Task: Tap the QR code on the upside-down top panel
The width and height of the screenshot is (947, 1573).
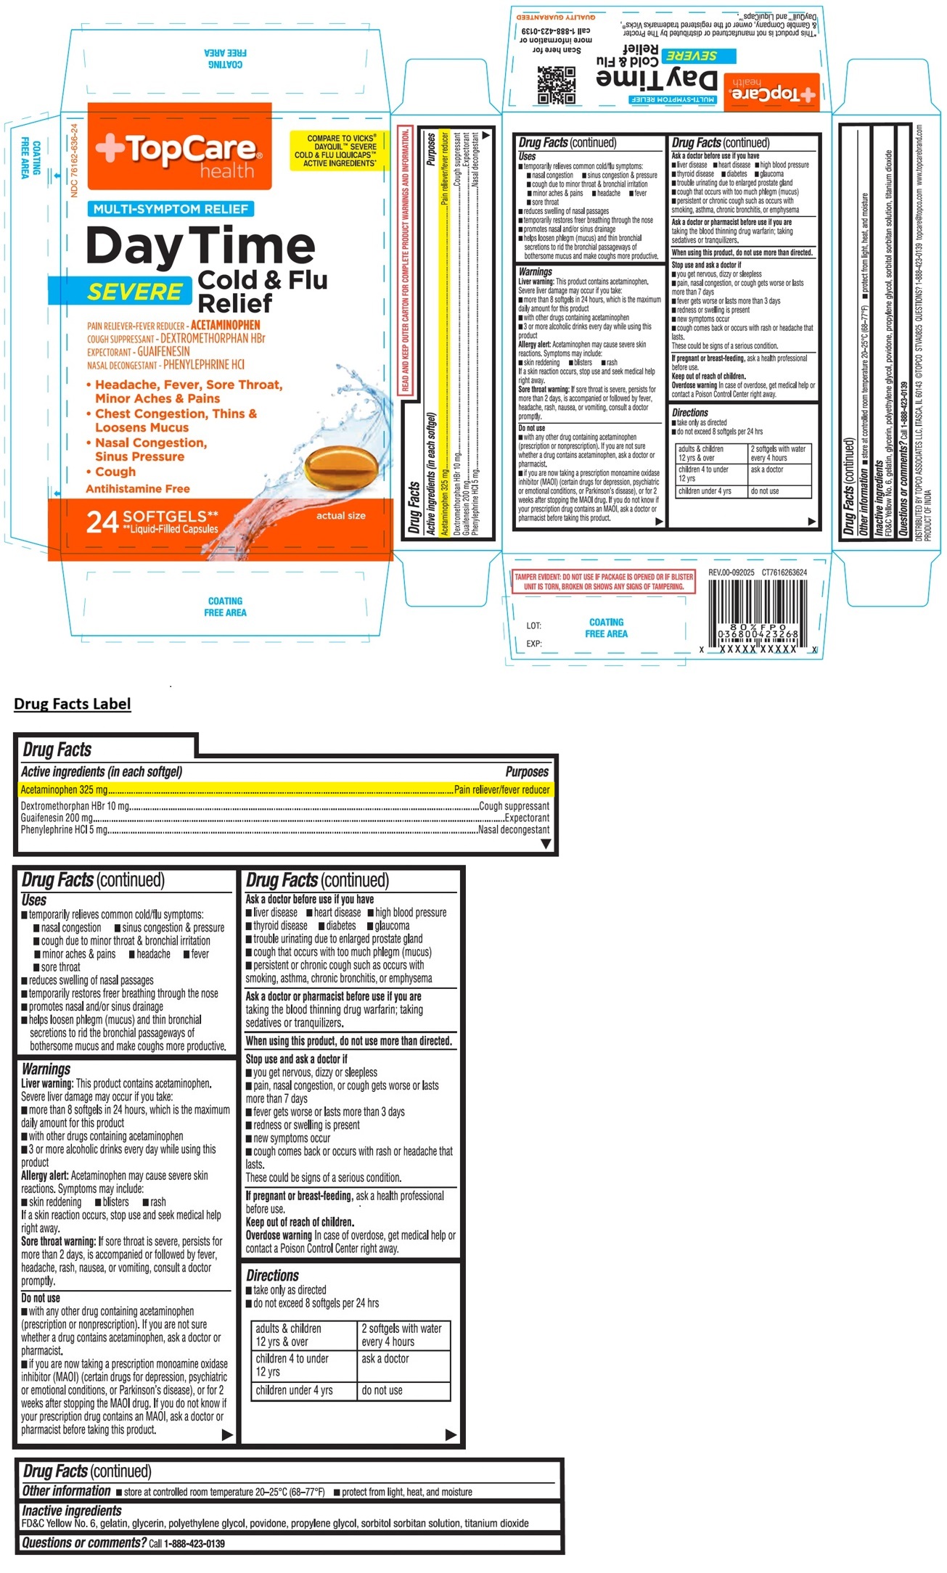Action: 556,85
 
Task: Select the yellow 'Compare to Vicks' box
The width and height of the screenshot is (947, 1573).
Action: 335,150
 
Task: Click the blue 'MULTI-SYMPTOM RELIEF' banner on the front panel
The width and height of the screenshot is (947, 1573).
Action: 171,209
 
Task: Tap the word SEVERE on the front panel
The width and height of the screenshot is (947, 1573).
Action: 135,292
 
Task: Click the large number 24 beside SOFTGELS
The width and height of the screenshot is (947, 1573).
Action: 102,522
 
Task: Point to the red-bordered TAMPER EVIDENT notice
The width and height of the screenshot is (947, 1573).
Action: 604,581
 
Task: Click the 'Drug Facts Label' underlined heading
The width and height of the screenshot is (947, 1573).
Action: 73,704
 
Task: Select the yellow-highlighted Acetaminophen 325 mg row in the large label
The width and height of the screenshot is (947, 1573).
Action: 284,789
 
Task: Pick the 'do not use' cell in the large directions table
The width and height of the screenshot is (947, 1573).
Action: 382,1390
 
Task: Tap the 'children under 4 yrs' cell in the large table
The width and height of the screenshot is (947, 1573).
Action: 294,1390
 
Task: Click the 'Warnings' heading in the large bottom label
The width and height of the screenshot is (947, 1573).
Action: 46,1069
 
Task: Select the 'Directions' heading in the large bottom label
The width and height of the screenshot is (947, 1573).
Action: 272,1275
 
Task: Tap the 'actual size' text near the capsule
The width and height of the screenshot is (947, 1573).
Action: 340,515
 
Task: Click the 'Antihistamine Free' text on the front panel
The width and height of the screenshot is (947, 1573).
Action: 138,489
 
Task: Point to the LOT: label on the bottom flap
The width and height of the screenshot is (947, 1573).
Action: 533,625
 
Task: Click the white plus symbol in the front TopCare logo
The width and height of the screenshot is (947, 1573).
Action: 110,147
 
